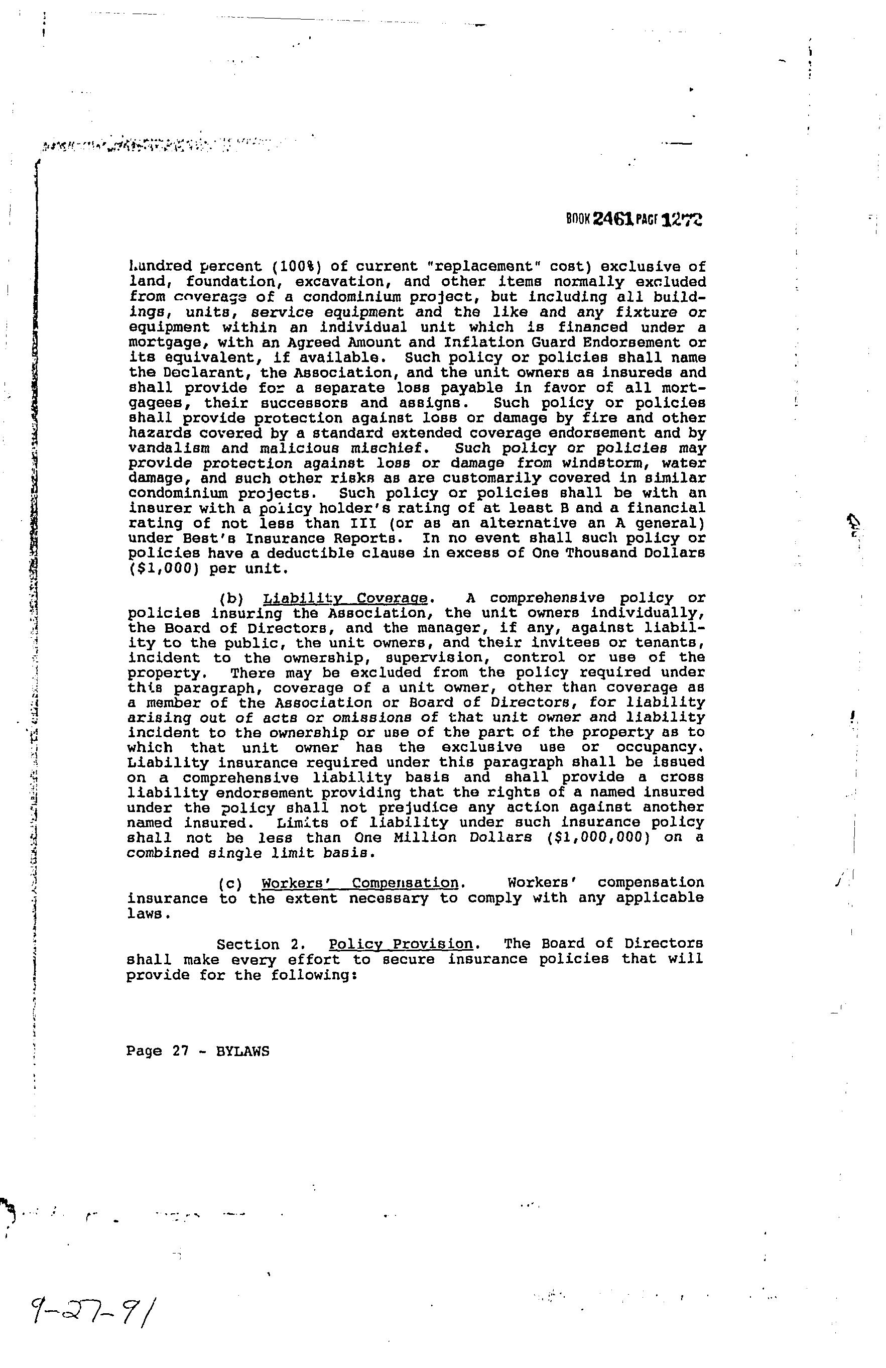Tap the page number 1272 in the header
(x=683, y=219)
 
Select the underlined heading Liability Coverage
(x=345, y=598)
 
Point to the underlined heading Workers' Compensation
(x=360, y=883)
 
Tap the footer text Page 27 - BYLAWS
(x=198, y=1051)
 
